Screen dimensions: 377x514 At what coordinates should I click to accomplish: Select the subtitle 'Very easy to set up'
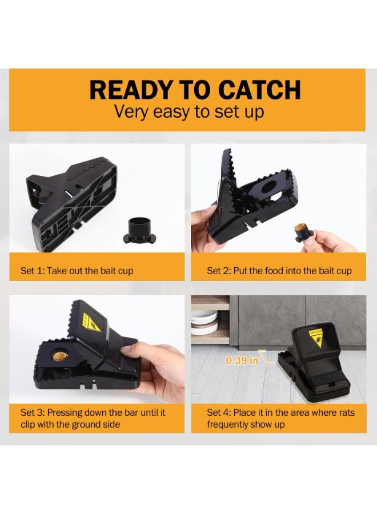[x=189, y=112]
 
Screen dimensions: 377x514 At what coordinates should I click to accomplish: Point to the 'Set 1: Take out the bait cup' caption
[x=77, y=271]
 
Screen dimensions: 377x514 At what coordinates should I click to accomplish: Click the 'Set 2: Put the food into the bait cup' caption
[x=279, y=271]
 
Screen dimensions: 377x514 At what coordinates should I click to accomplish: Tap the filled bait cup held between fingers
[x=304, y=231]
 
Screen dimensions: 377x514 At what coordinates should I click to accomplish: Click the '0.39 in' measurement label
[x=242, y=360]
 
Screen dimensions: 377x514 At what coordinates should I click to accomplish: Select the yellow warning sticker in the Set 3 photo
[x=91, y=323]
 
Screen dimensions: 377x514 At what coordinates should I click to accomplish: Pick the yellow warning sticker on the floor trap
[x=316, y=338]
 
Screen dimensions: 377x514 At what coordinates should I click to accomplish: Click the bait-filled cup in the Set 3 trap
[x=61, y=356]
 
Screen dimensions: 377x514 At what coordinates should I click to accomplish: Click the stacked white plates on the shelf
[x=205, y=323]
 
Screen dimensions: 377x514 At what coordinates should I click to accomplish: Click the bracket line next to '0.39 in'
[x=266, y=356]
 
